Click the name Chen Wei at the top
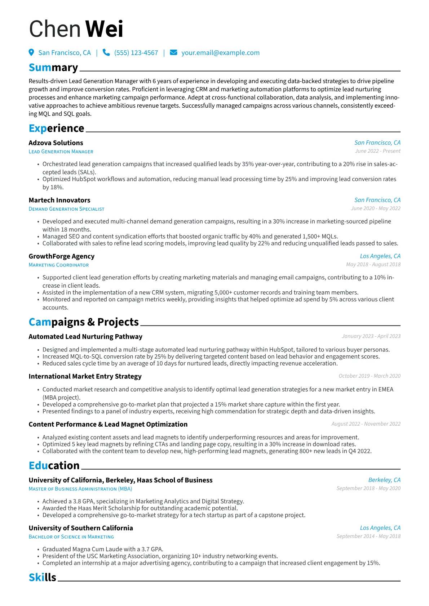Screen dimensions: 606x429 click(76, 29)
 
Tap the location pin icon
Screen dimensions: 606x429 click(31, 53)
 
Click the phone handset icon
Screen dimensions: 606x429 click(106, 53)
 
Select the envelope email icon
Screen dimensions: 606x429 click(173, 53)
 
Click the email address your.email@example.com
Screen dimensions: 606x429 click(220, 53)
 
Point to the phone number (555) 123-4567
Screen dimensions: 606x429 click(136, 53)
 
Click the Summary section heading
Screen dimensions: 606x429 click(53, 68)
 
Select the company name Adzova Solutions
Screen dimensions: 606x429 click(56, 143)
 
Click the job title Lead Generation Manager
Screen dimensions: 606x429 click(61, 152)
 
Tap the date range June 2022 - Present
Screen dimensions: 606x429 click(377, 151)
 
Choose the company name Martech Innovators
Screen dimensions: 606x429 click(59, 200)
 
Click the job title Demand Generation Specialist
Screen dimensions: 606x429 click(66, 209)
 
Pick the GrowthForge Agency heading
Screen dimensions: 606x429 click(62, 256)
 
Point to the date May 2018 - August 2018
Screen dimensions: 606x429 click(373, 264)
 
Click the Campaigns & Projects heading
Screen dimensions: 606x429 click(84, 322)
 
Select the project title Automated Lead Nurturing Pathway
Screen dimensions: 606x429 click(85, 337)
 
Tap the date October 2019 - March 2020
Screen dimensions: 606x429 click(370, 376)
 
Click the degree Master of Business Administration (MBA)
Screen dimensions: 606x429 click(80, 489)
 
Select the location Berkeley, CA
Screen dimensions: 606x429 click(384, 480)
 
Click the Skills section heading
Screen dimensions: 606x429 click(43, 578)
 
